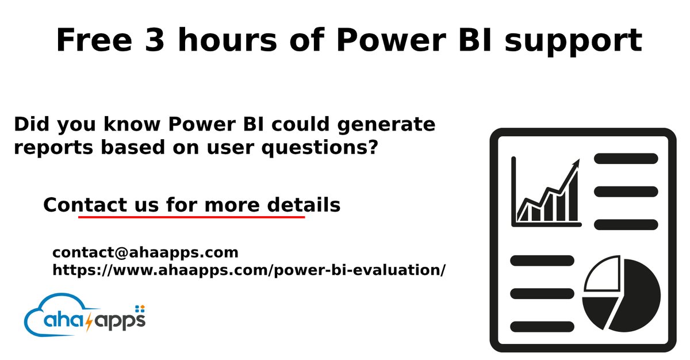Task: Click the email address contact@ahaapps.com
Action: tap(145, 252)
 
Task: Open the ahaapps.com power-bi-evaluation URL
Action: tap(249, 270)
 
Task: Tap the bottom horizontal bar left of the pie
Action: tap(542, 326)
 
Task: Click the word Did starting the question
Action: tap(32, 124)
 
